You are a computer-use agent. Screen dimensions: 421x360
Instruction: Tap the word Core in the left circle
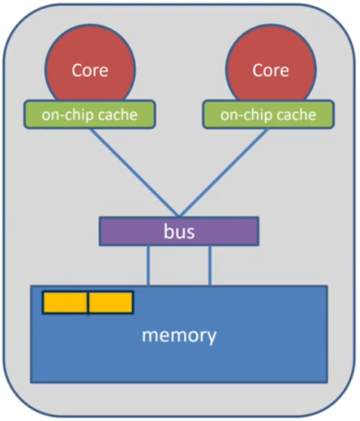pyautogui.click(x=90, y=70)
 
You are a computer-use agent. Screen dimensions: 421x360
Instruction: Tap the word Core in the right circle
pyautogui.click(x=270, y=70)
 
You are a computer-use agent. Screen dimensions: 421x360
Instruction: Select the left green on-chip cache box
pyautogui.click(x=90, y=114)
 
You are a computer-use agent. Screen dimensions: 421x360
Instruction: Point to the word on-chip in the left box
pyautogui.click(x=65, y=115)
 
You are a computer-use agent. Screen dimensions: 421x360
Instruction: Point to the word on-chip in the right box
pyautogui.click(x=245, y=115)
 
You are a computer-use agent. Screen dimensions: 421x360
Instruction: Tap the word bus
pyautogui.click(x=179, y=231)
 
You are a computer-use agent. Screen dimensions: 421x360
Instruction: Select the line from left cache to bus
pyautogui.click(x=134, y=171)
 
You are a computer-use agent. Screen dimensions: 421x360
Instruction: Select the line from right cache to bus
pyautogui.click(x=223, y=171)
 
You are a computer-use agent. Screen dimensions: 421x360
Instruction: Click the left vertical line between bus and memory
pyautogui.click(x=148, y=265)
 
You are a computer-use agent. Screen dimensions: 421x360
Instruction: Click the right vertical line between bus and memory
pyautogui.click(x=210, y=265)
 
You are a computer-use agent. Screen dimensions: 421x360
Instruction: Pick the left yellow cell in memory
pyautogui.click(x=65, y=302)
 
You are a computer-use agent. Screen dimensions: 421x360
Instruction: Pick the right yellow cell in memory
pyautogui.click(x=111, y=302)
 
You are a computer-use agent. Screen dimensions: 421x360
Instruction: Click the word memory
pyautogui.click(x=179, y=334)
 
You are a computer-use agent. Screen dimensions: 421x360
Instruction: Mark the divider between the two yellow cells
pyautogui.click(x=88, y=302)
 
